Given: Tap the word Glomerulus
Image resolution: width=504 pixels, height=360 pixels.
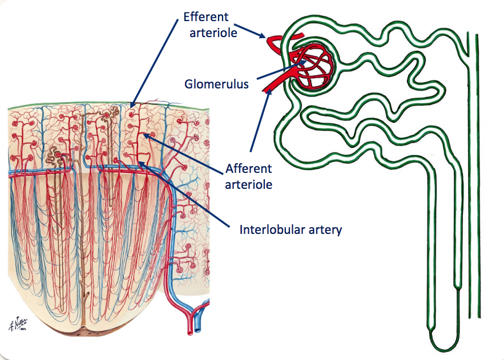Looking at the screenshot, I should pos(216,84).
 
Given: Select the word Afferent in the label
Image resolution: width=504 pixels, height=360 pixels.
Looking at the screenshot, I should pos(249,169).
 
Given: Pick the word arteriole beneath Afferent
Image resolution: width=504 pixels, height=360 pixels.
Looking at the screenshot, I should pos(249,184).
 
